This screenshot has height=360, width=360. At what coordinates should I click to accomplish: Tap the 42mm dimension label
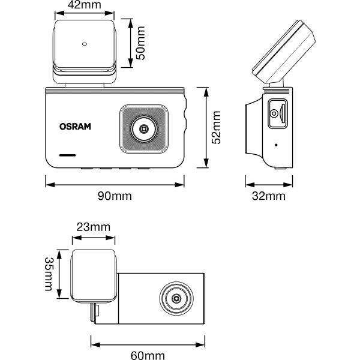point(83,5)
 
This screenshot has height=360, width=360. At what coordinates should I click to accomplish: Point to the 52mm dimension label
point(217,127)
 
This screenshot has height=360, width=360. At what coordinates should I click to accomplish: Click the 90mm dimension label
point(115,196)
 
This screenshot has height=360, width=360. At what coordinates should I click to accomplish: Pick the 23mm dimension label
point(94,227)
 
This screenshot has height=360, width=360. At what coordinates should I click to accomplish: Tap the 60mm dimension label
point(148,356)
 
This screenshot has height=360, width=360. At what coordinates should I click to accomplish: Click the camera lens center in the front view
point(144,128)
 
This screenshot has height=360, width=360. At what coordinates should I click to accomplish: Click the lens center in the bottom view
point(176,298)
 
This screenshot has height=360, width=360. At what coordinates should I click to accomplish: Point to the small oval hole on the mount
point(84,43)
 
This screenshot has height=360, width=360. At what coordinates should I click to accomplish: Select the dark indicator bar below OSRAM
point(67,155)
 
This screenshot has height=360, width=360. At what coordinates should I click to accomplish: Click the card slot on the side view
point(276,113)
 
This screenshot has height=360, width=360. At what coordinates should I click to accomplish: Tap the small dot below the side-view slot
point(276,145)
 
